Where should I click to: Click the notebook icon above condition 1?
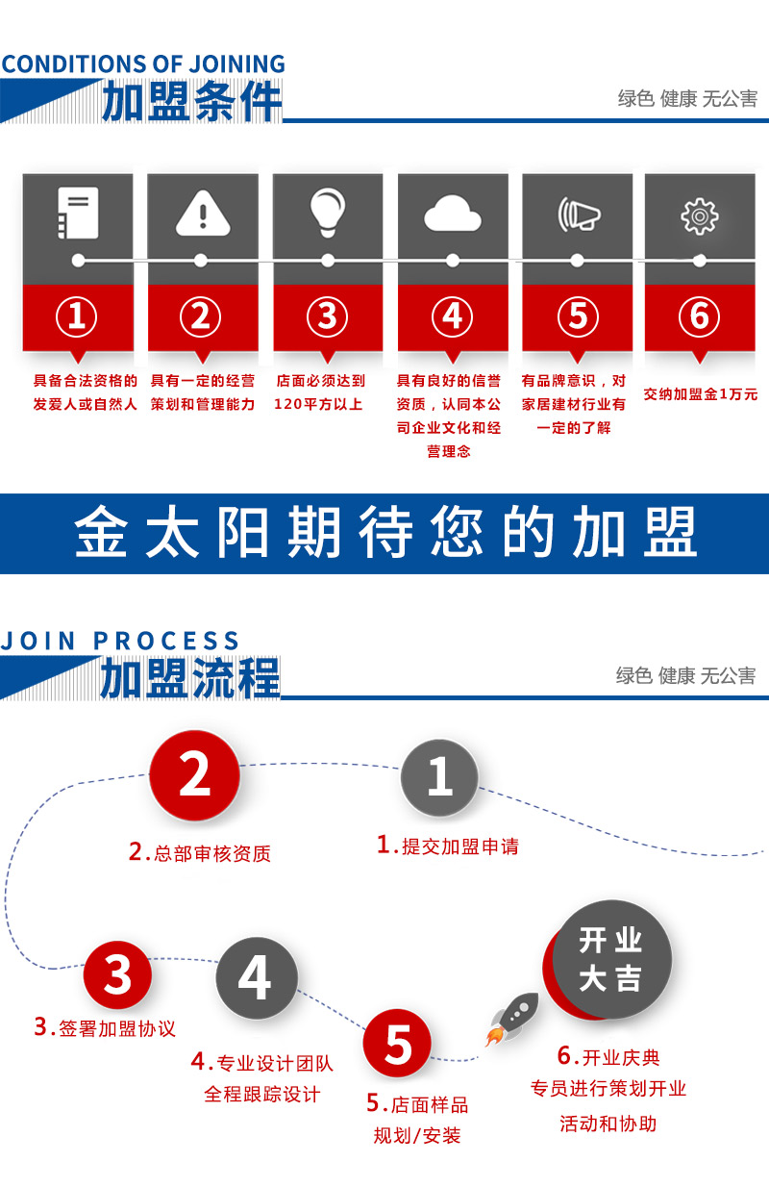(x=78, y=213)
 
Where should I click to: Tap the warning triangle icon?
(x=203, y=214)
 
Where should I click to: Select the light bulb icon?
(x=328, y=212)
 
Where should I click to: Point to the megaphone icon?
(x=579, y=215)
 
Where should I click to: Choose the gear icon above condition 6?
(x=700, y=216)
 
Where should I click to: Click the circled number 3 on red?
(x=327, y=316)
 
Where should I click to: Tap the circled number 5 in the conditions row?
(x=578, y=316)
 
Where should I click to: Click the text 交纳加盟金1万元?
(x=700, y=394)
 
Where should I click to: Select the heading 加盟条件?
(x=191, y=101)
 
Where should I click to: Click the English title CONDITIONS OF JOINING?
(x=143, y=64)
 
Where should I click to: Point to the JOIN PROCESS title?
(x=120, y=641)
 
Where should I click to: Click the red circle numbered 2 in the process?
(x=194, y=775)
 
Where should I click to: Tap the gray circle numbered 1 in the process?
(x=439, y=777)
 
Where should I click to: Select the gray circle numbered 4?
(x=257, y=978)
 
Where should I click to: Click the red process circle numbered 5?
(x=397, y=1043)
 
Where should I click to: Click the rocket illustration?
(x=512, y=1019)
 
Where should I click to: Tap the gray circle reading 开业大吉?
(x=611, y=959)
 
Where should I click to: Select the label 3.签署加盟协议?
(x=105, y=1027)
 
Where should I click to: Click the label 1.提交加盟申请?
(x=448, y=846)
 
